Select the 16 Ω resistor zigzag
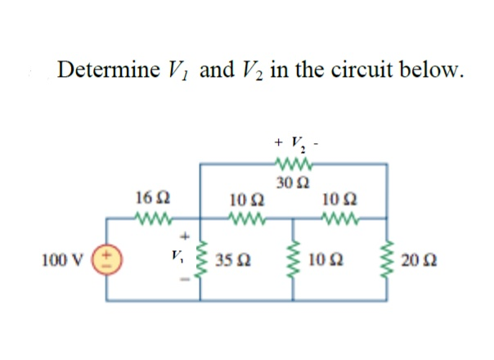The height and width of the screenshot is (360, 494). click(149, 219)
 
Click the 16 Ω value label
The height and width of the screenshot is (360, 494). click(150, 199)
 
